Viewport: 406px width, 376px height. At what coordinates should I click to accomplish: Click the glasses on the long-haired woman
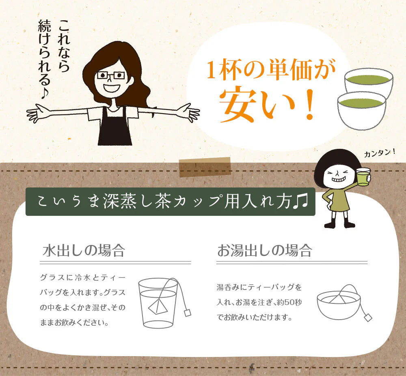tap(111, 75)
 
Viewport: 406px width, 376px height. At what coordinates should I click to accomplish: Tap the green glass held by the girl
tap(363, 177)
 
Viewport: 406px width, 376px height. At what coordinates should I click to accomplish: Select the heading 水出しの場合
tap(84, 251)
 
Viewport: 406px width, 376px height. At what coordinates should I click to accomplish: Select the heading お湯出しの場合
tap(264, 251)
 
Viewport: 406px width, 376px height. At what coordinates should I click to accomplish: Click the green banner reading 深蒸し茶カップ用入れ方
tap(171, 202)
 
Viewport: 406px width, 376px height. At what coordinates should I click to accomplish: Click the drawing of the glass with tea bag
tap(159, 302)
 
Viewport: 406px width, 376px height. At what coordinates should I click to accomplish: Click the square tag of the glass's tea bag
tap(187, 312)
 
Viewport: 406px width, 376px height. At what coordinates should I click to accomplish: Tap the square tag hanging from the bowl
tap(368, 317)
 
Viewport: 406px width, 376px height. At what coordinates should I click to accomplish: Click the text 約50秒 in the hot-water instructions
tap(292, 303)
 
